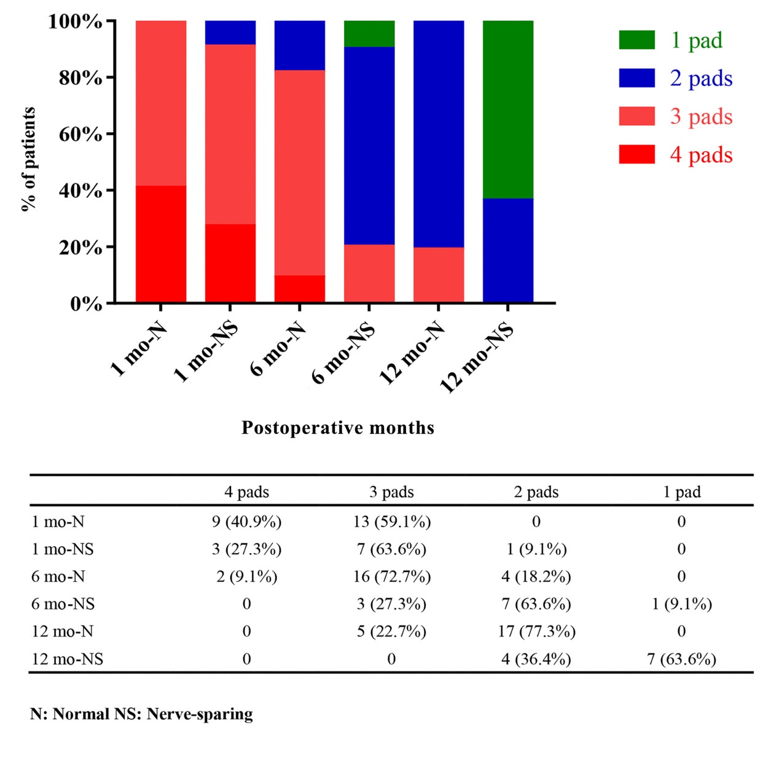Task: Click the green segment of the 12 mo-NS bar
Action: coord(508,109)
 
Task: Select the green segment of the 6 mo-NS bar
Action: coord(369,34)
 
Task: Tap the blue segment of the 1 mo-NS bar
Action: coord(230,33)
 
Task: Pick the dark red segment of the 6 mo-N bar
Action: coord(300,289)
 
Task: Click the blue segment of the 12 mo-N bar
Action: coord(439,134)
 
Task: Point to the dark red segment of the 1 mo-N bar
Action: coord(161,244)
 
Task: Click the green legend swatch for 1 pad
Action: coord(636,40)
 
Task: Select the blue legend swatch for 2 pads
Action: coord(636,78)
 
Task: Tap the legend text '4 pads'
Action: coord(701,155)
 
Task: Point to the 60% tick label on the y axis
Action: coord(80,134)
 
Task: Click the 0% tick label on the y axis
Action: coord(86,303)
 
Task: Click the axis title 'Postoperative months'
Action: coord(338,428)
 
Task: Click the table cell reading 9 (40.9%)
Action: coord(246,522)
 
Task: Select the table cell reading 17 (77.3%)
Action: coord(536,632)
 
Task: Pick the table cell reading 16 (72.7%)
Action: coord(391,576)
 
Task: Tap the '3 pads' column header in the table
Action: coord(391,492)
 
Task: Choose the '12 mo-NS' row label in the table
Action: coord(68,659)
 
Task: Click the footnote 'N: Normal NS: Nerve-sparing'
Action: coord(141,714)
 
